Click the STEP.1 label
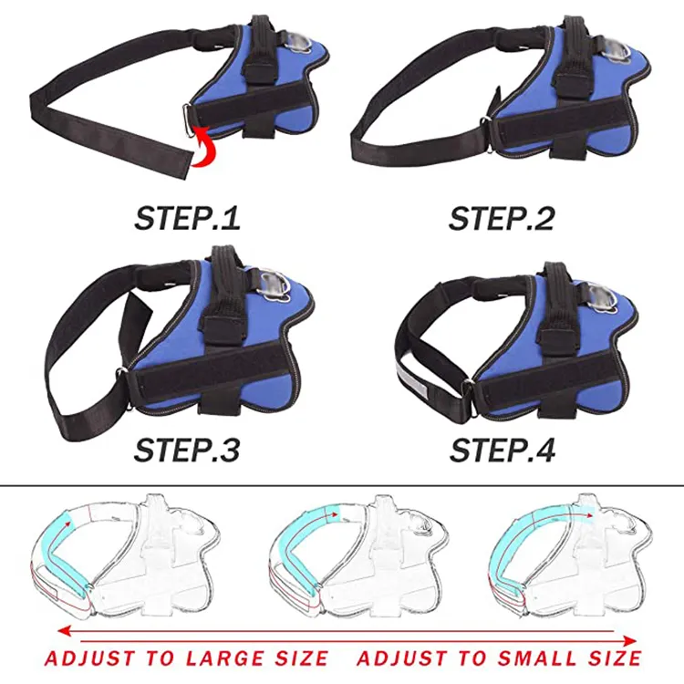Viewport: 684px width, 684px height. pyautogui.click(x=188, y=218)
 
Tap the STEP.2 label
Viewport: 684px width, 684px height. pyautogui.click(x=502, y=218)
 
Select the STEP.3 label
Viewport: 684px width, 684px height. pyautogui.click(x=187, y=450)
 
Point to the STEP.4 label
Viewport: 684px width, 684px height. pyautogui.click(x=503, y=450)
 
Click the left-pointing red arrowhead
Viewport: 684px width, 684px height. pyautogui.click(x=65, y=631)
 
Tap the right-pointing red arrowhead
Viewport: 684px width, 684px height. pyautogui.click(x=629, y=641)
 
